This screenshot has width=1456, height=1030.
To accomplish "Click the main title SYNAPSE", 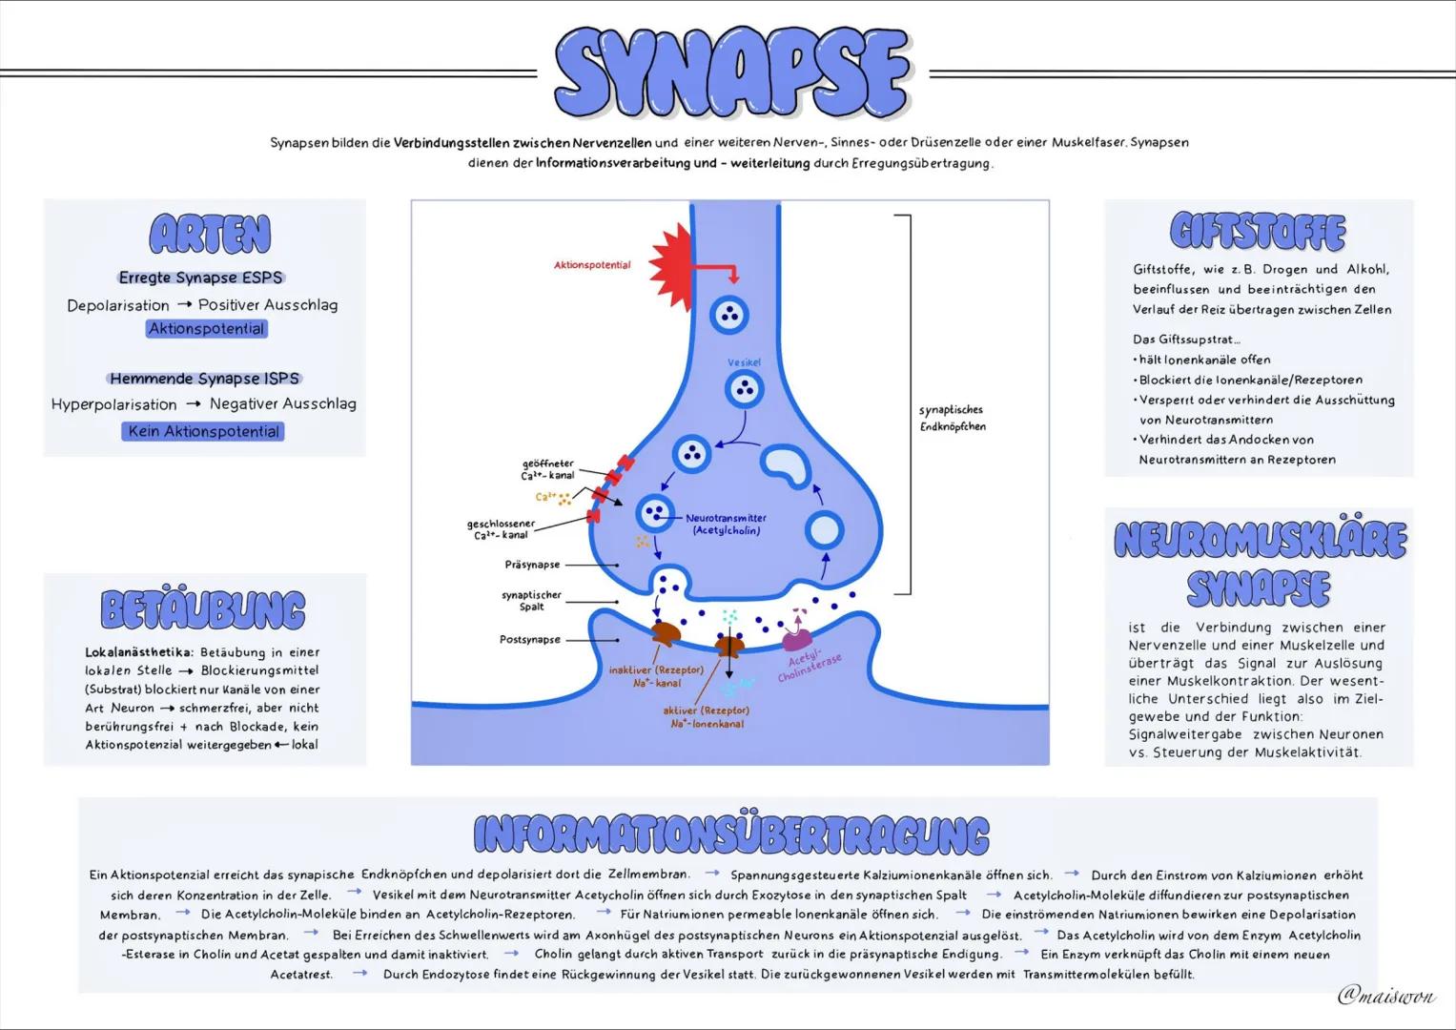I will pyautogui.click(x=731, y=72).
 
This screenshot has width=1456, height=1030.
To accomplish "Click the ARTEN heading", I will pyautogui.click(x=210, y=235).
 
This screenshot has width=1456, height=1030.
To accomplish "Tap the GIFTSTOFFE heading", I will pyautogui.click(x=1258, y=232).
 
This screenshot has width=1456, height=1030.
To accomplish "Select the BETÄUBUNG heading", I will pyautogui.click(x=203, y=610).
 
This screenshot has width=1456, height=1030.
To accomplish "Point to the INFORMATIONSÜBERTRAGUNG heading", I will pyautogui.click(x=730, y=834).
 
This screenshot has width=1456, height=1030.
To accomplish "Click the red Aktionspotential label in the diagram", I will pyautogui.click(x=592, y=265).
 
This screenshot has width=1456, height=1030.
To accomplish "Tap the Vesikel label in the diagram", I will pyautogui.click(x=744, y=363).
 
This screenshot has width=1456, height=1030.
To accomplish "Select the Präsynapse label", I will pyautogui.click(x=532, y=565).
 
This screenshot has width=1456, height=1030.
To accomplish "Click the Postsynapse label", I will pyautogui.click(x=529, y=640).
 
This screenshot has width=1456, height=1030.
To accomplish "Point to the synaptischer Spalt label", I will pyautogui.click(x=531, y=600).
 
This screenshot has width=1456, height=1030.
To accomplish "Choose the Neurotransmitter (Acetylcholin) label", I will pyautogui.click(x=726, y=524).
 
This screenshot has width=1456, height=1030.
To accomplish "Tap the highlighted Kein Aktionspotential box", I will pyautogui.click(x=204, y=431).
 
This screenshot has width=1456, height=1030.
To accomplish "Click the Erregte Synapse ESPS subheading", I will pyautogui.click(x=201, y=278).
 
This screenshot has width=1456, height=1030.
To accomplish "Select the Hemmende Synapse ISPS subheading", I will pyautogui.click(x=204, y=379).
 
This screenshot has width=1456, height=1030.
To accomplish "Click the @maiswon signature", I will pyautogui.click(x=1385, y=996).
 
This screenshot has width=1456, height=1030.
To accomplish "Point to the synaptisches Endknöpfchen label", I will pyautogui.click(x=952, y=418).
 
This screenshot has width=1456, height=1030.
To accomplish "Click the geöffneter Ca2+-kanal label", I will pyautogui.click(x=547, y=469).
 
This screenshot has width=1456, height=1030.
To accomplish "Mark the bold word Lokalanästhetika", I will pyautogui.click(x=138, y=652).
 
